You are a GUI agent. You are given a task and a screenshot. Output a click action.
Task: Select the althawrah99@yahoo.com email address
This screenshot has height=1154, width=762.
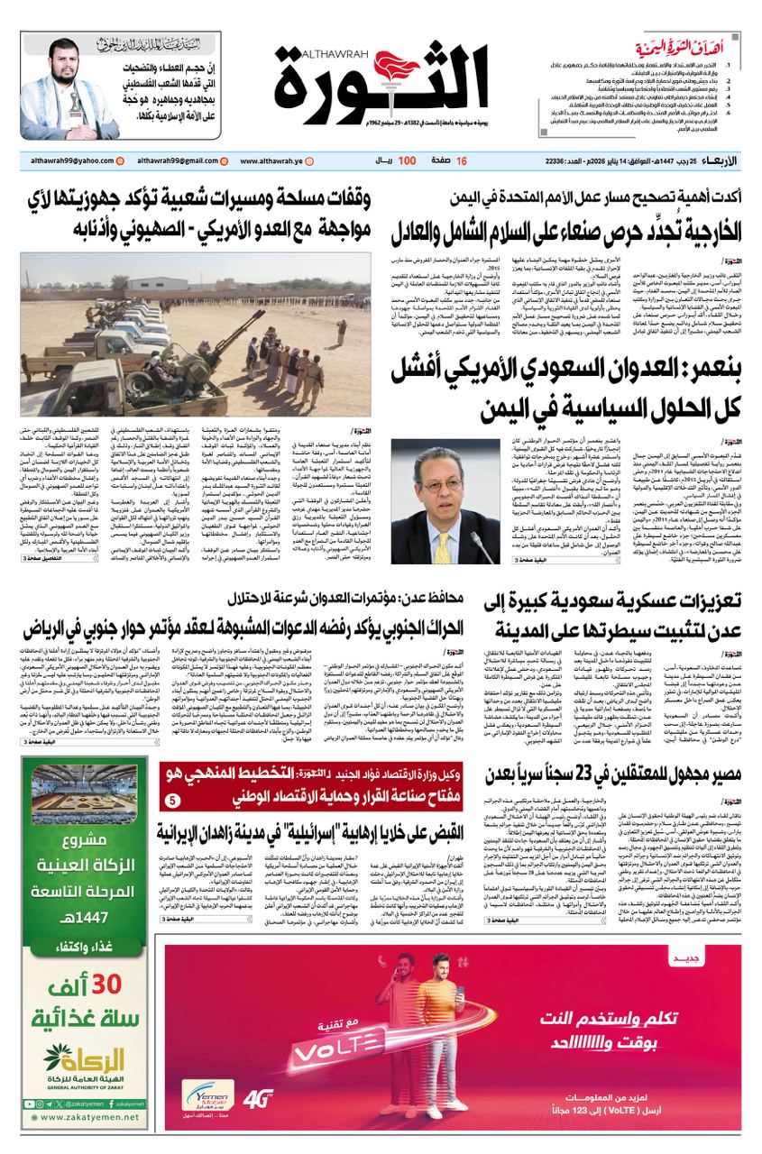[71, 160]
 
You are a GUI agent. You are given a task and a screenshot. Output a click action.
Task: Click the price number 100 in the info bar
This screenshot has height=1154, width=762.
[406, 160]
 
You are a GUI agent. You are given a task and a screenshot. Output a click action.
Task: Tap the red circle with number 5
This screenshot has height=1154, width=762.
[173, 801]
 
